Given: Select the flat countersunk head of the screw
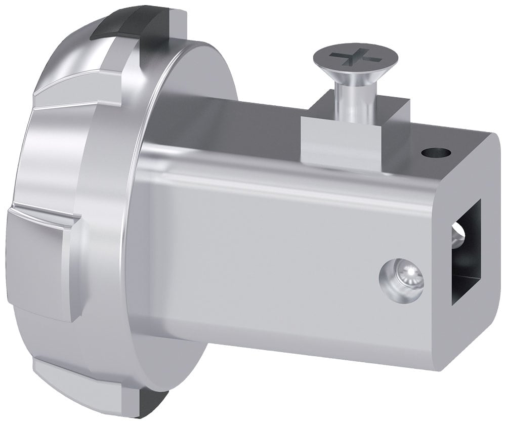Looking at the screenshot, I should tap(349, 63).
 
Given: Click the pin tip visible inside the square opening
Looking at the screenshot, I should tap(459, 238).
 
